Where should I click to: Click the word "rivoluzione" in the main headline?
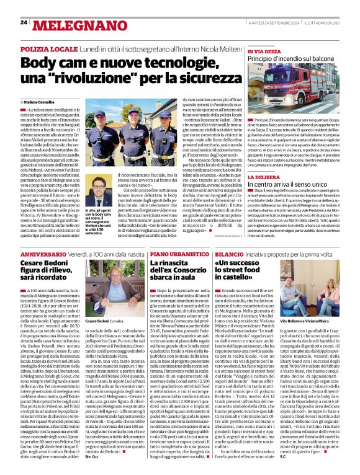[x=107, y=79]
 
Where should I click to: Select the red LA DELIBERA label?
[x=246, y=158]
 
